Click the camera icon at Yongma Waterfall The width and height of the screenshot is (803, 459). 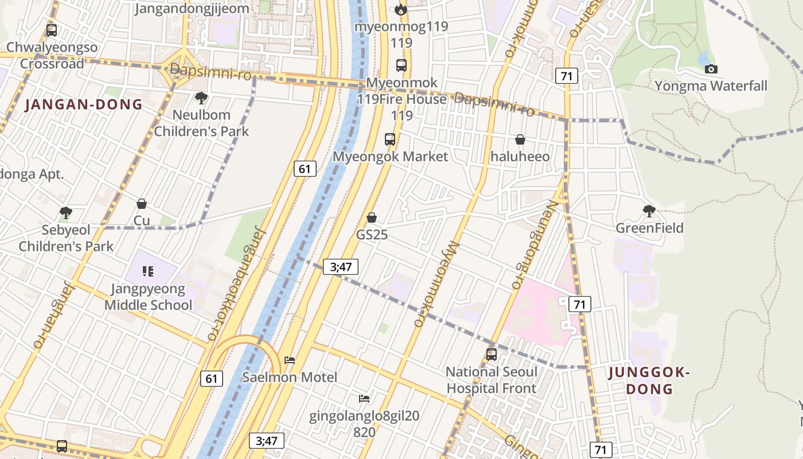coord(711,69)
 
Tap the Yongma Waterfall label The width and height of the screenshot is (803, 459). coord(711,86)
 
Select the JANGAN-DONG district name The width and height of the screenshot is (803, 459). coord(84,104)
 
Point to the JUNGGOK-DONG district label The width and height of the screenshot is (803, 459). coord(649,381)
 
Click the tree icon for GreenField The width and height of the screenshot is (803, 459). coord(649,211)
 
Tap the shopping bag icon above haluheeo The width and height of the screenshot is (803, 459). coord(520,139)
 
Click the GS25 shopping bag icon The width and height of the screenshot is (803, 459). coord(372,217)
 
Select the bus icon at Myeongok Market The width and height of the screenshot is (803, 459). coord(390,139)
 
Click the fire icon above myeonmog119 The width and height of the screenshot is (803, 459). coord(401,9)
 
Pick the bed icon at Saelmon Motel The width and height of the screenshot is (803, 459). coord(290,360)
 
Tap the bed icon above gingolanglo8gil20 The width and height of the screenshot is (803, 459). coord(364,399)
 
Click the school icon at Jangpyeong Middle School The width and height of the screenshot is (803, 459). coord(148,271)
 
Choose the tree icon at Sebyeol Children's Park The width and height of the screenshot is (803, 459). coord(66,213)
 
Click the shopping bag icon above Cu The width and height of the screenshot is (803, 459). coord(142,204)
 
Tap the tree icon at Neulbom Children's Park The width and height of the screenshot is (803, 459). coord(201,98)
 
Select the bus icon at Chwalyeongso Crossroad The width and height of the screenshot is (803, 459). coord(52,30)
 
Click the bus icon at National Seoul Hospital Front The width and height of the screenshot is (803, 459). coord(492,354)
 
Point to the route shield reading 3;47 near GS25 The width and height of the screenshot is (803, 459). coord(341,266)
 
